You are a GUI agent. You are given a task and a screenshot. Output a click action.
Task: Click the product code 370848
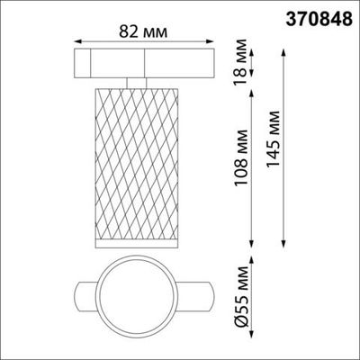(x=312, y=15)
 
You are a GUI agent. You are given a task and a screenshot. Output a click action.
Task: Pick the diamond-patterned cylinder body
(x=137, y=162)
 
